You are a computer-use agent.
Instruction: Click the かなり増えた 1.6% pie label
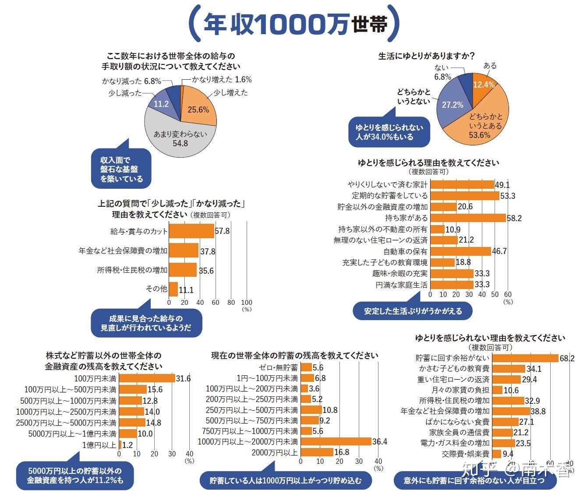222,79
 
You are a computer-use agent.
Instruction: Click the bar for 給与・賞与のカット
191,231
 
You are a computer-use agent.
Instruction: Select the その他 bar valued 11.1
173,289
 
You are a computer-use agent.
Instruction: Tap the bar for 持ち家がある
468,218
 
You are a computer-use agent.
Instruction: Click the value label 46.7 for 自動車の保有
499,251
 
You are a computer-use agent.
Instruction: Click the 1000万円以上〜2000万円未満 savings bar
336,441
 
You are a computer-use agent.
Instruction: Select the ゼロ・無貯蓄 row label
279,367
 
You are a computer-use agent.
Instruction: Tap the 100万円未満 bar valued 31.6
147,378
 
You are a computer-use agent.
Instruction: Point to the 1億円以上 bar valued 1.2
120,445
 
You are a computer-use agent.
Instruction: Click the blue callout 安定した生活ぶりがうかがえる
413,311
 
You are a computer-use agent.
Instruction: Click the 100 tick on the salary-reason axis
247,302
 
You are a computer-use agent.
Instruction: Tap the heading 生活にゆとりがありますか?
427,56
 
